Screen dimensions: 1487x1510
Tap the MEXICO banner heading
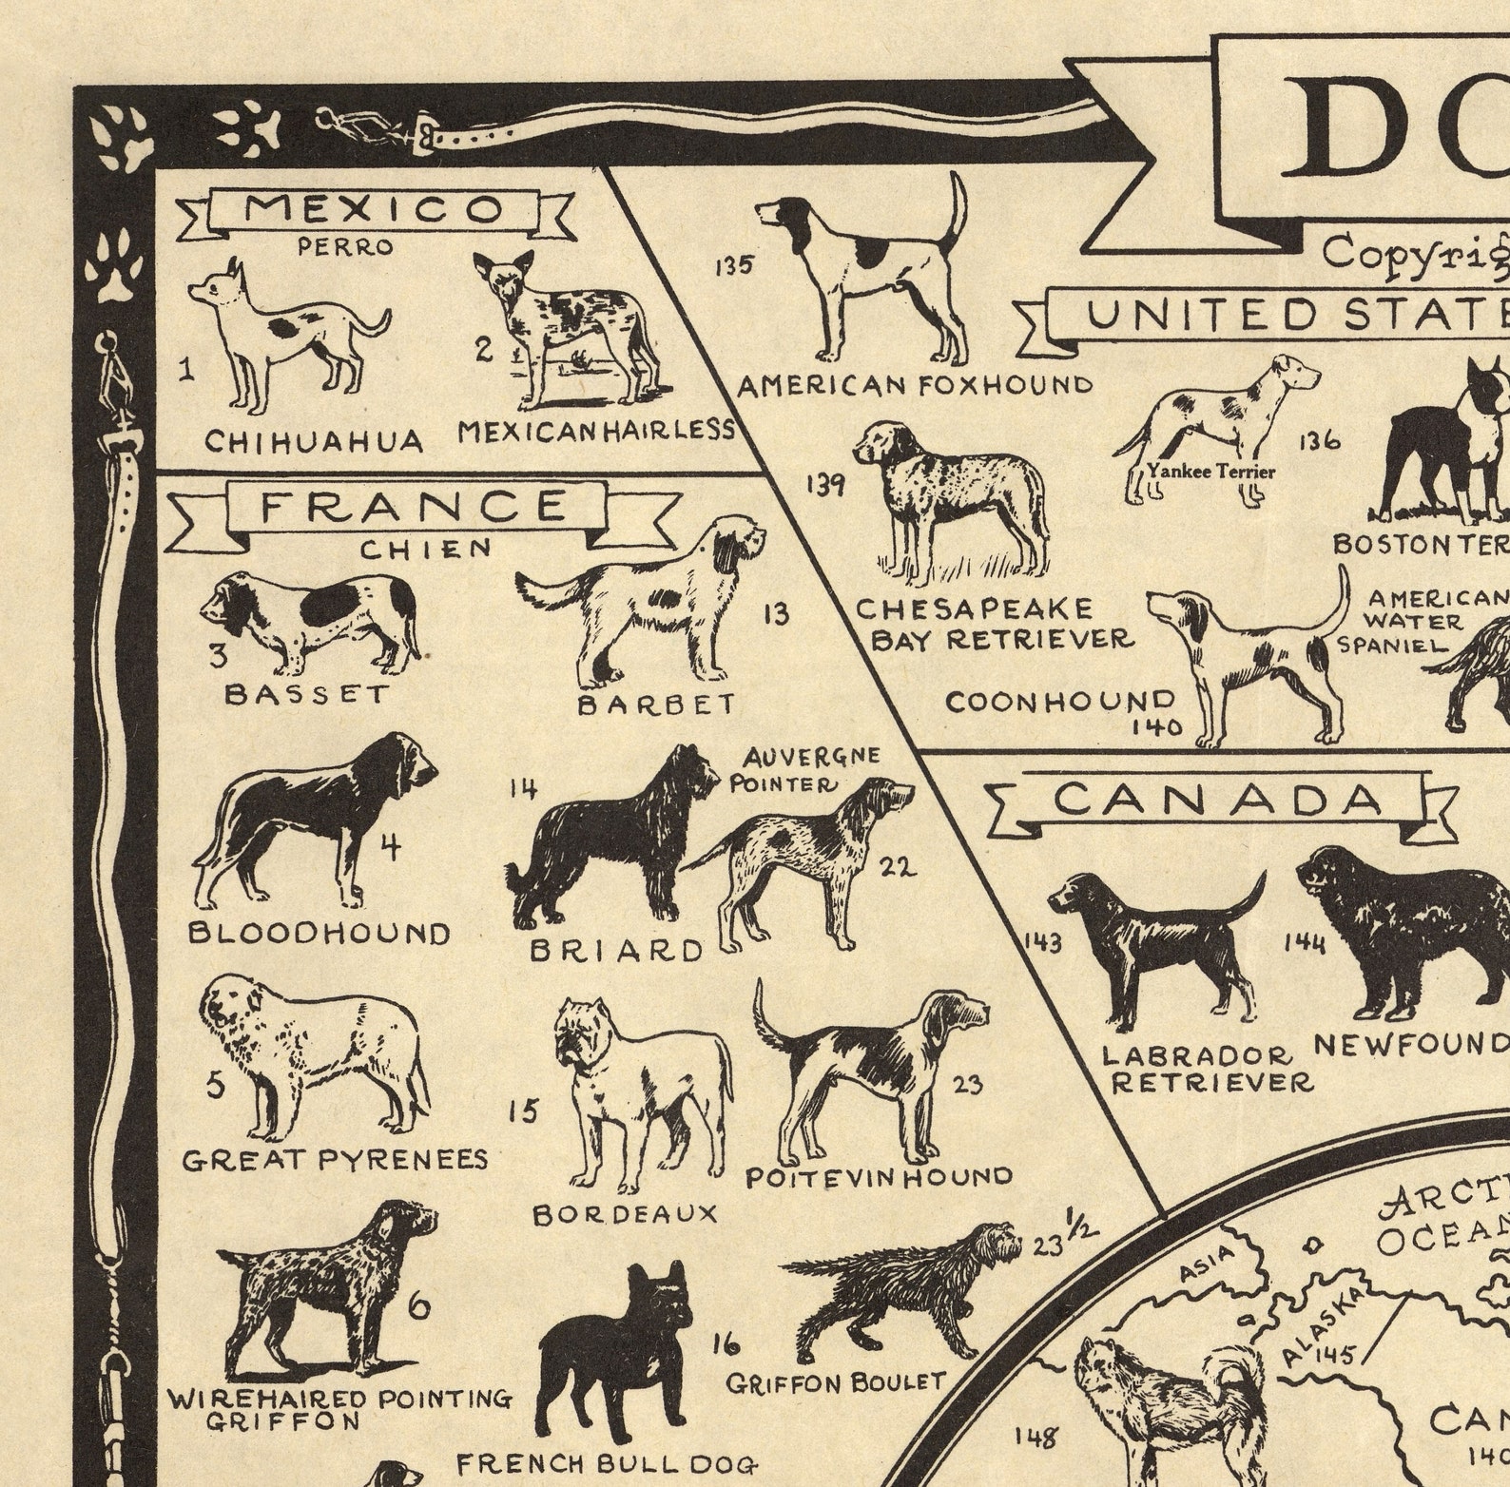coord(374,210)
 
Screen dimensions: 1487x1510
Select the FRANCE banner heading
coord(415,507)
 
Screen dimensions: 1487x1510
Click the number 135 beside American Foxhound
coord(734,265)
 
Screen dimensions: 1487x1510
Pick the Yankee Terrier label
coord(1210,471)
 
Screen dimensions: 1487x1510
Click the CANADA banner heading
coord(1218,800)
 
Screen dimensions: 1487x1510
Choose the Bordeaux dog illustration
coord(642,1089)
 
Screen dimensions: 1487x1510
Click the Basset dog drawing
coord(309,618)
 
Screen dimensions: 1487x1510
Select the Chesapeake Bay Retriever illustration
coord(951,499)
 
